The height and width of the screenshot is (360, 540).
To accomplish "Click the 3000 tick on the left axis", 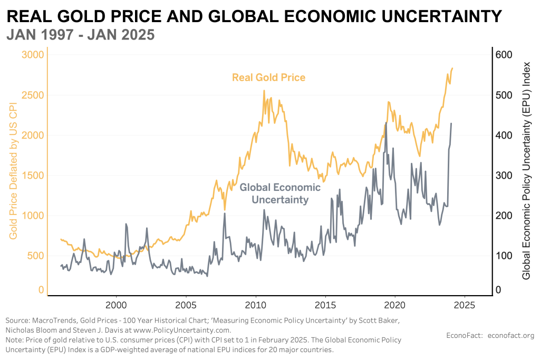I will pyautogui.click(x=33, y=55).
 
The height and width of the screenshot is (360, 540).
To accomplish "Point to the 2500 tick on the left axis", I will pyautogui.click(x=33, y=95).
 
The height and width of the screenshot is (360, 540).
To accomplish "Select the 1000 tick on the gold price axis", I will pyautogui.click(x=33, y=216).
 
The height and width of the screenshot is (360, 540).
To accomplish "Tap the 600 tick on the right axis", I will pyautogui.click(x=505, y=55).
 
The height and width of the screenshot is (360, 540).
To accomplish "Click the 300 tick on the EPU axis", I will pyautogui.click(x=505, y=176).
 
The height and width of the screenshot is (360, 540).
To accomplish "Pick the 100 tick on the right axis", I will pyautogui.click(x=505, y=256).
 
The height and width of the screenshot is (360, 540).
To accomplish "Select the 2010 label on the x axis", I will pyautogui.click(x=256, y=305).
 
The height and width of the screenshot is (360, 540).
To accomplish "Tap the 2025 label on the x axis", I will pyautogui.click(x=465, y=305).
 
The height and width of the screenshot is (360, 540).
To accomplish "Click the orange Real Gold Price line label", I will pyautogui.click(x=268, y=77).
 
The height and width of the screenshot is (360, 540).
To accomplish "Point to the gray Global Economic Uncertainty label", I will pyautogui.click(x=280, y=193).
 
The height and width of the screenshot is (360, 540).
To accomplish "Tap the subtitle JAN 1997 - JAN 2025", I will pyautogui.click(x=80, y=35).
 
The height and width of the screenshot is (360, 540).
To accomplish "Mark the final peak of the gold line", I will pyautogui.click(x=452, y=68).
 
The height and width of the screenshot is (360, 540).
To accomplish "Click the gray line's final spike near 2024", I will pyautogui.click(x=451, y=123).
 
